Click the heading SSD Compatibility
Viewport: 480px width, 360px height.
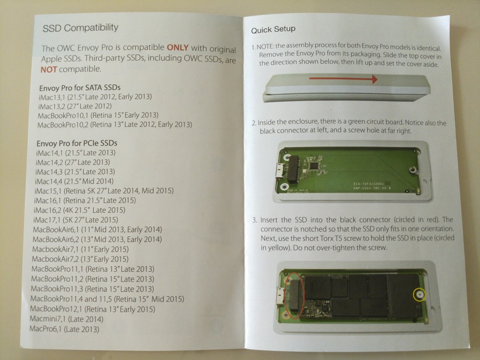click(x=81, y=28)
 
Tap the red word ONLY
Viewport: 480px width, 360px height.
click(x=178, y=47)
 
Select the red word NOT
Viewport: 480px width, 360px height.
click(x=49, y=69)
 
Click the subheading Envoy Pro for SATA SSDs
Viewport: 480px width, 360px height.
click(x=80, y=88)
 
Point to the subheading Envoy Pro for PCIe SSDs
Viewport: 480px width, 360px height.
click(x=77, y=143)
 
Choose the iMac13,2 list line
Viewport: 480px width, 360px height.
click(x=75, y=106)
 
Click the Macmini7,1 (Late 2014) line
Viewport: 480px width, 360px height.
click(x=67, y=319)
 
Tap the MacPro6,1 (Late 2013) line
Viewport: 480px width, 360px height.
click(x=64, y=329)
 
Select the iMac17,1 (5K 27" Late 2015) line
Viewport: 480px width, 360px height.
click(x=75, y=220)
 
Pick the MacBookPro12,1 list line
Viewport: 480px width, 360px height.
click(x=92, y=309)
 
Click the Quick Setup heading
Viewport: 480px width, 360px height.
click(x=273, y=30)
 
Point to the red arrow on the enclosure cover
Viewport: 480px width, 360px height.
click(x=343, y=79)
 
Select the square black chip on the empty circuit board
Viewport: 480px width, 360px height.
click(x=314, y=166)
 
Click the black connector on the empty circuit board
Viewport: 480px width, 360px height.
click(x=293, y=169)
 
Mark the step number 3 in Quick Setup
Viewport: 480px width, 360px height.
click(x=254, y=220)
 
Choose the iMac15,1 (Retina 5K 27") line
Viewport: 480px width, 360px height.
click(x=104, y=191)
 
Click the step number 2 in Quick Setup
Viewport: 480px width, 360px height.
click(x=254, y=123)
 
